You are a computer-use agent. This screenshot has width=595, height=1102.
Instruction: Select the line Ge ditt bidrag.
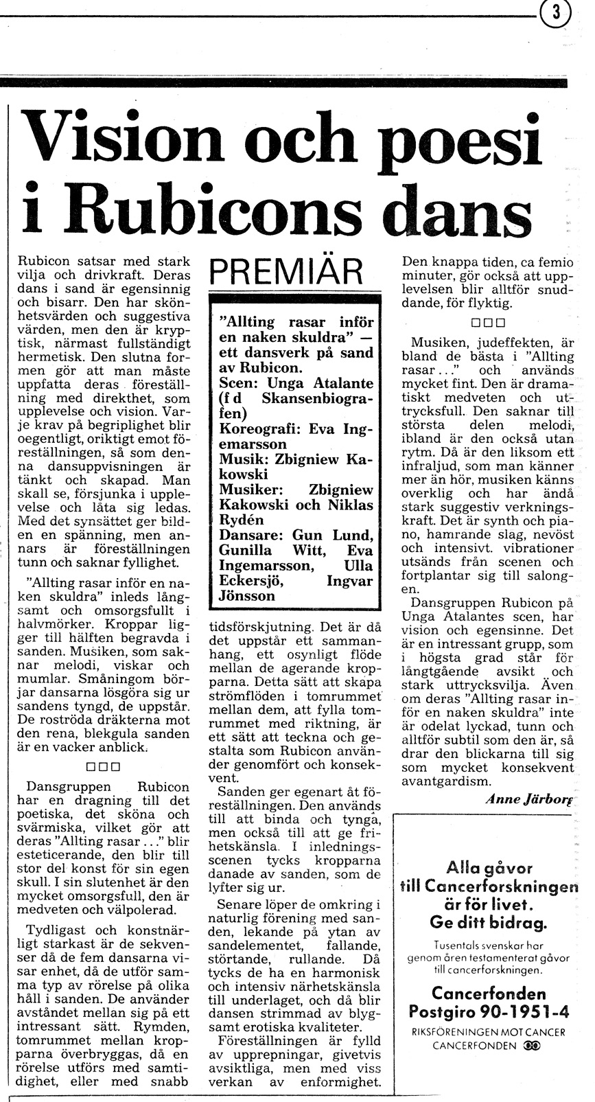click(x=488, y=921)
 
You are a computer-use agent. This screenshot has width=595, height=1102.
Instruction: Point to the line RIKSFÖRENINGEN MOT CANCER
click(x=489, y=1031)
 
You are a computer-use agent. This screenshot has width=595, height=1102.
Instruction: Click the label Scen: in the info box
click(x=238, y=384)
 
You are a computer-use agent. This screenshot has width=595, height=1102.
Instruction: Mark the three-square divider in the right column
click(x=488, y=322)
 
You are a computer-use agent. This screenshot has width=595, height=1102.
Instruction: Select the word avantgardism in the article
click(x=446, y=781)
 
